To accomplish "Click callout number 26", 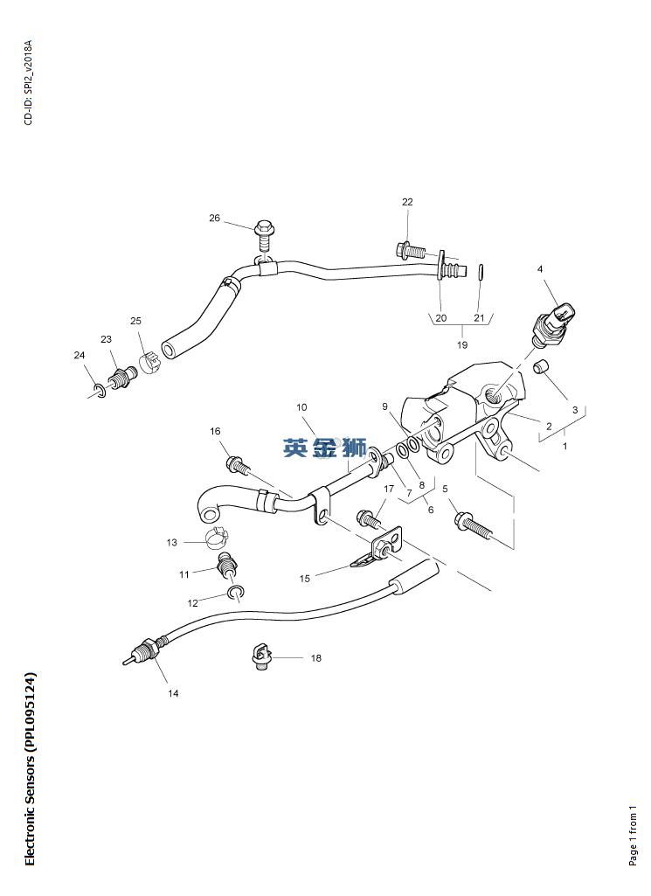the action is pos(214,218).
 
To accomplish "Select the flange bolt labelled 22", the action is pos(410,250).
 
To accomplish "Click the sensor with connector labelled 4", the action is pos(555,323).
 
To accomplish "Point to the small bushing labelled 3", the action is pos(541,367).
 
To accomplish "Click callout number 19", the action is pos(462,344).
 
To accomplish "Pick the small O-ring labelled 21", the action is pos(481,272).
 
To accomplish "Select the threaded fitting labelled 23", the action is pos(123,377).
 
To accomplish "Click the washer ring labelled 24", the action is pos(100,392).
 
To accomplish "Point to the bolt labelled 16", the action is pos(239,465).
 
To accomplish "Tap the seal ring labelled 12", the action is pos(235,594).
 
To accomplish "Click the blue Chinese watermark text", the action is pos(324,448).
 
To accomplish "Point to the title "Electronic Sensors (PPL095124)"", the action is pos(30,769).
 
